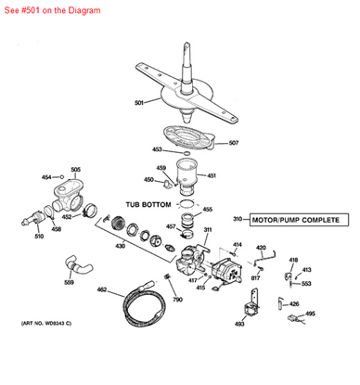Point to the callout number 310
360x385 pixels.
click(237, 220)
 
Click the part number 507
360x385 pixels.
click(234, 143)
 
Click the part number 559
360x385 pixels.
click(70, 282)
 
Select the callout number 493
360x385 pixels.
click(239, 324)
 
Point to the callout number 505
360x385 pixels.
click(75, 170)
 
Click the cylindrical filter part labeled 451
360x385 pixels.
click(189, 175)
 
